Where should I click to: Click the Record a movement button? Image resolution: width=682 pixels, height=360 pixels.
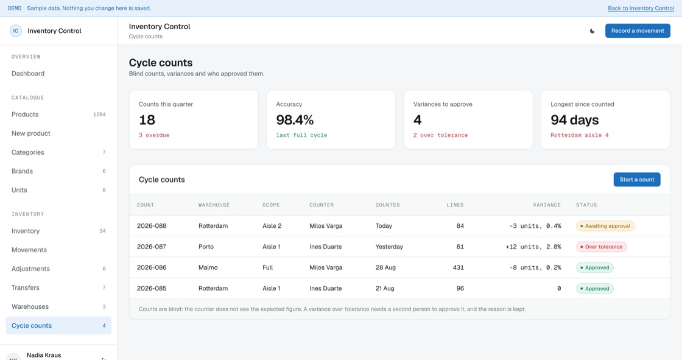tap(638, 30)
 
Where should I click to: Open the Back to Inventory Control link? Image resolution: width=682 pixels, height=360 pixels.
tap(641, 9)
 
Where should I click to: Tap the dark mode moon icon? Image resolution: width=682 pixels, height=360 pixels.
tap(592, 31)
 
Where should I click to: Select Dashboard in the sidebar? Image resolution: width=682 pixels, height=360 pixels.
tap(28, 74)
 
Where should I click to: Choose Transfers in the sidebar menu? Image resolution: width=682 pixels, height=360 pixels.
tap(25, 288)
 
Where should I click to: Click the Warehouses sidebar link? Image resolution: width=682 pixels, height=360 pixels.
tap(30, 306)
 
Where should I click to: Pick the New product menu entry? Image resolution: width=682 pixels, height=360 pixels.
tap(31, 133)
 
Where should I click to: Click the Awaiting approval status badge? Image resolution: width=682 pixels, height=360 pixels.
tap(605, 226)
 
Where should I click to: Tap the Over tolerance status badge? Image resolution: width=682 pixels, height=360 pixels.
tap(601, 247)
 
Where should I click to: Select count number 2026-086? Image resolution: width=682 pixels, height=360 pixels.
tap(152, 267)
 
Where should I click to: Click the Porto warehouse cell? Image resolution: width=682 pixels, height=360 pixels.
tap(206, 247)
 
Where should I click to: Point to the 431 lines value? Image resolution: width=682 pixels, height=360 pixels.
tap(458, 267)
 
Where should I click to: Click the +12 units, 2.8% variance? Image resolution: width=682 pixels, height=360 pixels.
tap(533, 247)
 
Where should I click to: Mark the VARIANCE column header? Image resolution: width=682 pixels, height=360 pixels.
tap(547, 205)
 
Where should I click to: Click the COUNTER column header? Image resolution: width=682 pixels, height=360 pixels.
tap(322, 205)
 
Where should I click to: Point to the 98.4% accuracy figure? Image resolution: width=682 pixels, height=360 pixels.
tap(295, 120)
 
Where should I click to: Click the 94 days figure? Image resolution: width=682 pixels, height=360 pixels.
tap(575, 120)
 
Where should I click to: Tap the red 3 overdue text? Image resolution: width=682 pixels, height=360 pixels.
tap(154, 135)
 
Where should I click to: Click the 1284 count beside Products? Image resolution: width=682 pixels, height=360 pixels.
tap(99, 115)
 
